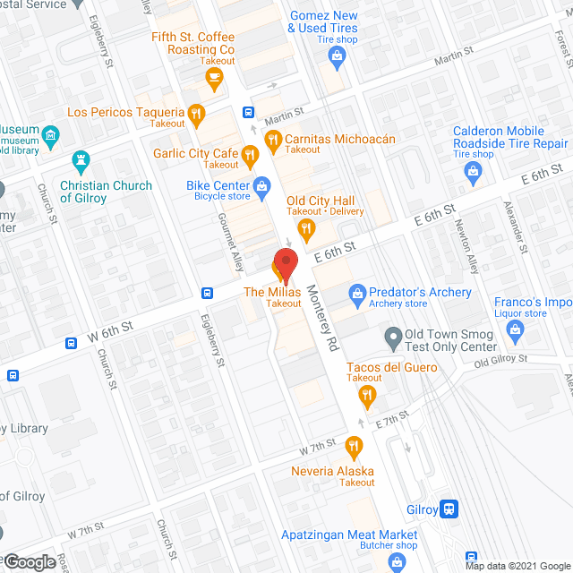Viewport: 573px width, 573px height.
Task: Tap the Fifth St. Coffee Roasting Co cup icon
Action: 213,79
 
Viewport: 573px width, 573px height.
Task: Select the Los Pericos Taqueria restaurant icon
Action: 196,114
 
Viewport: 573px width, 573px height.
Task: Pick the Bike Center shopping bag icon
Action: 261,186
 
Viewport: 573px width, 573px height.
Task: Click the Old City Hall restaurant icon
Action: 306,230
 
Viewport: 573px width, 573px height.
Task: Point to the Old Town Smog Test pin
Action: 392,339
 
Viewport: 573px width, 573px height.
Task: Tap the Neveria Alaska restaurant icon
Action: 354,445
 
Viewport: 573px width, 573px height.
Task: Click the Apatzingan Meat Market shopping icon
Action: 397,561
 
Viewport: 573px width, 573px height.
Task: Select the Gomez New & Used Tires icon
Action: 337,58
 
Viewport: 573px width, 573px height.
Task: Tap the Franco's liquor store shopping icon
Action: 515,331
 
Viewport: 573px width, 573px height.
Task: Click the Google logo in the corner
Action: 29,562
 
